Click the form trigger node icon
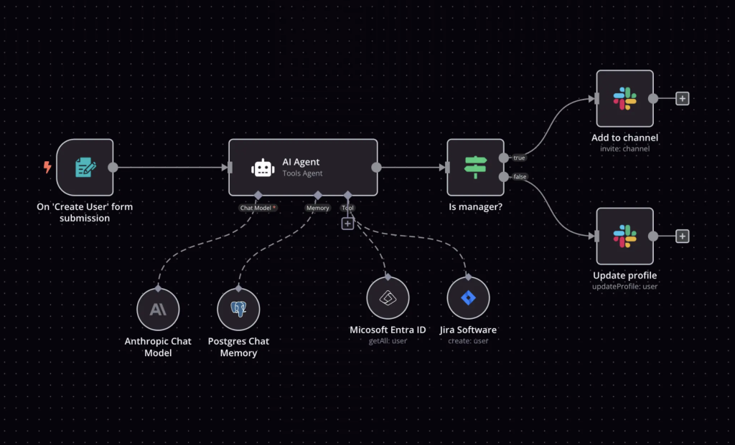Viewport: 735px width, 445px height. point(85,167)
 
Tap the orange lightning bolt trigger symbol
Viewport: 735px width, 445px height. point(47,167)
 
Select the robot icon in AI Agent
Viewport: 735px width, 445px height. point(263,168)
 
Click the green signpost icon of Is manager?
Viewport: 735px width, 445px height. point(475,167)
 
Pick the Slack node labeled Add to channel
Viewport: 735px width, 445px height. point(625,98)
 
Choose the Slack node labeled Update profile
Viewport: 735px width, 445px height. point(625,236)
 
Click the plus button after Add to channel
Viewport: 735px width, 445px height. point(683,99)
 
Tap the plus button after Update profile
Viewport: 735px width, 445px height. point(683,236)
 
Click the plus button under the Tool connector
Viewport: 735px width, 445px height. point(347,224)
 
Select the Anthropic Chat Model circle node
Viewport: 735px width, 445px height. point(158,310)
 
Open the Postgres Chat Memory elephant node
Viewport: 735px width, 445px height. point(238,310)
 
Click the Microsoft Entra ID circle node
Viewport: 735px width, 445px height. point(388,297)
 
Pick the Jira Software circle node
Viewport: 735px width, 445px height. point(468,297)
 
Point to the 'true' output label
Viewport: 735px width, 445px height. point(519,158)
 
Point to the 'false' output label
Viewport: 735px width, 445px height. point(520,177)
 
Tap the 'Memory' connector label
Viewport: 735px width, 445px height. point(317,208)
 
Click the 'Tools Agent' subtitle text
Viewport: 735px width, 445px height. point(302,173)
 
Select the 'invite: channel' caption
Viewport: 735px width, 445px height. point(625,149)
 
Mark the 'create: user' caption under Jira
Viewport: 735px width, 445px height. point(468,340)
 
